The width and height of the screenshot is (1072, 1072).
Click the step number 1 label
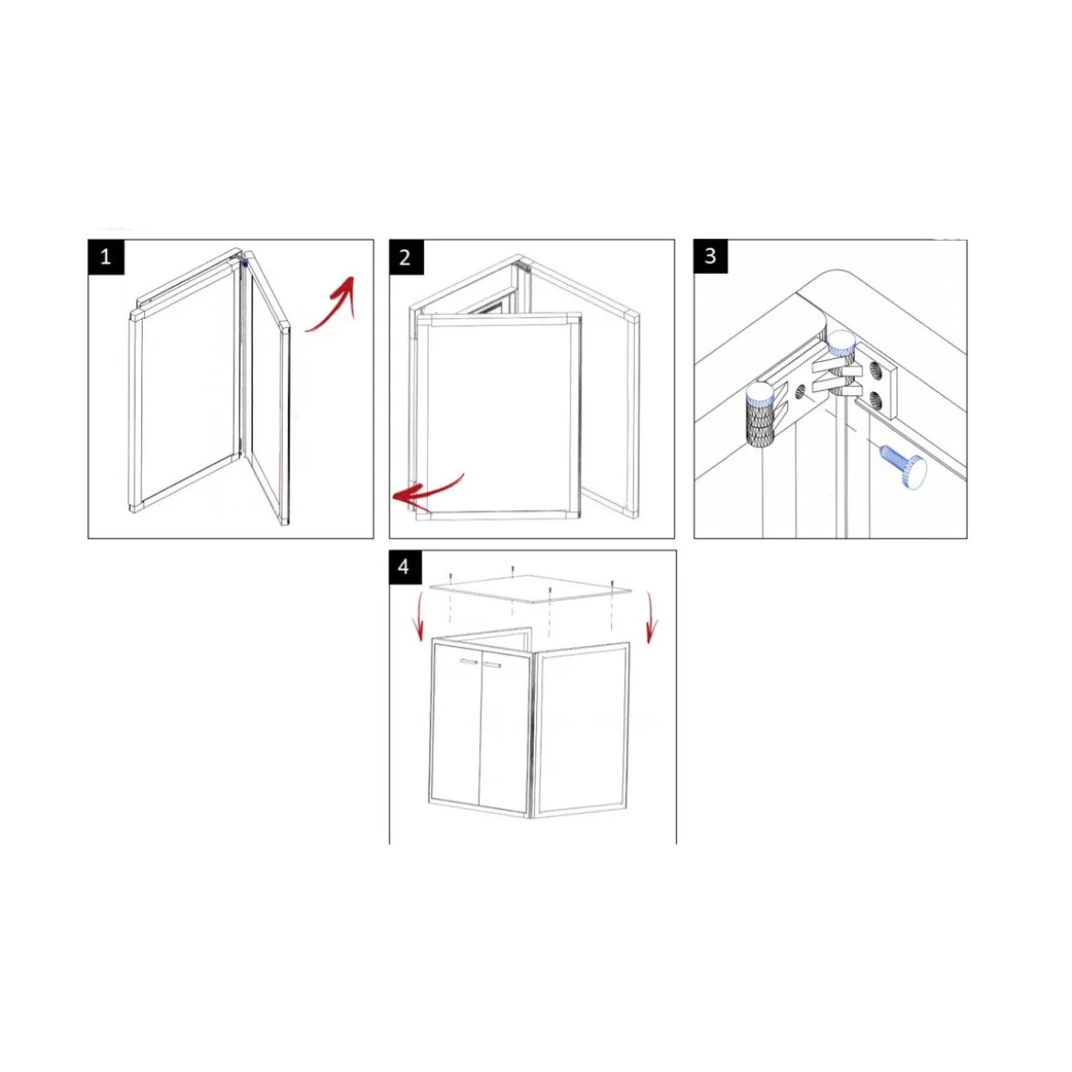pyautogui.click(x=106, y=257)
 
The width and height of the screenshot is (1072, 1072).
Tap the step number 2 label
pyautogui.click(x=406, y=257)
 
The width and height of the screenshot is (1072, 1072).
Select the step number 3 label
pyautogui.click(x=710, y=257)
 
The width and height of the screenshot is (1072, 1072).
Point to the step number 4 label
pyautogui.click(x=405, y=567)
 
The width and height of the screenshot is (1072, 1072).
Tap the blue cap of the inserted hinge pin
pyautogui.click(x=842, y=342)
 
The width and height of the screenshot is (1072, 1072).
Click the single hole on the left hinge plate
pyautogui.click(x=801, y=392)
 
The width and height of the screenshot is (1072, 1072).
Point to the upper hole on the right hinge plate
pyautogui.click(x=875, y=371)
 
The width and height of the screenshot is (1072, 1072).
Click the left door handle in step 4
pyautogui.click(x=469, y=662)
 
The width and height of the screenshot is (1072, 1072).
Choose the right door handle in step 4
pyautogui.click(x=492, y=664)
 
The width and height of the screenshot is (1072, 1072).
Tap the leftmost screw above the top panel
pyautogui.click(x=451, y=578)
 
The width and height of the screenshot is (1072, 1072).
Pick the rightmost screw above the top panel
pyautogui.click(x=613, y=585)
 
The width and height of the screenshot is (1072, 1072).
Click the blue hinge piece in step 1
pyautogui.click(x=245, y=263)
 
